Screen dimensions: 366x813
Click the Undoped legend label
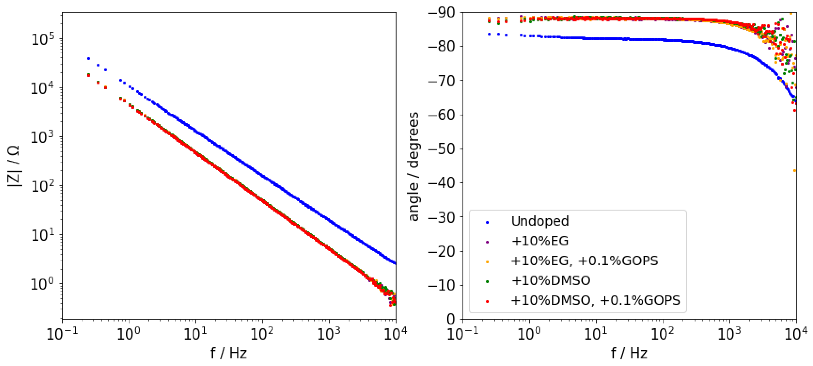point(540,221)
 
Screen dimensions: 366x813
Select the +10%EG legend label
point(540,241)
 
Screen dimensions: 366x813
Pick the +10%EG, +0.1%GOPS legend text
point(584,261)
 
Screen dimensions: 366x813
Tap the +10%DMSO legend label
point(551,281)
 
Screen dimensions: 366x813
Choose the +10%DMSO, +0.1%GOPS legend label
point(595,300)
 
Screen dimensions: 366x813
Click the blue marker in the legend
point(487,222)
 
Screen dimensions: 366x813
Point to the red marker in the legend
point(487,301)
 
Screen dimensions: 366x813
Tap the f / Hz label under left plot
point(229,353)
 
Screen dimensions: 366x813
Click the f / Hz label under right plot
point(629,353)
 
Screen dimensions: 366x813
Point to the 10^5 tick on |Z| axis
point(43,39)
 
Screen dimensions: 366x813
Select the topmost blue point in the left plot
point(89,58)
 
